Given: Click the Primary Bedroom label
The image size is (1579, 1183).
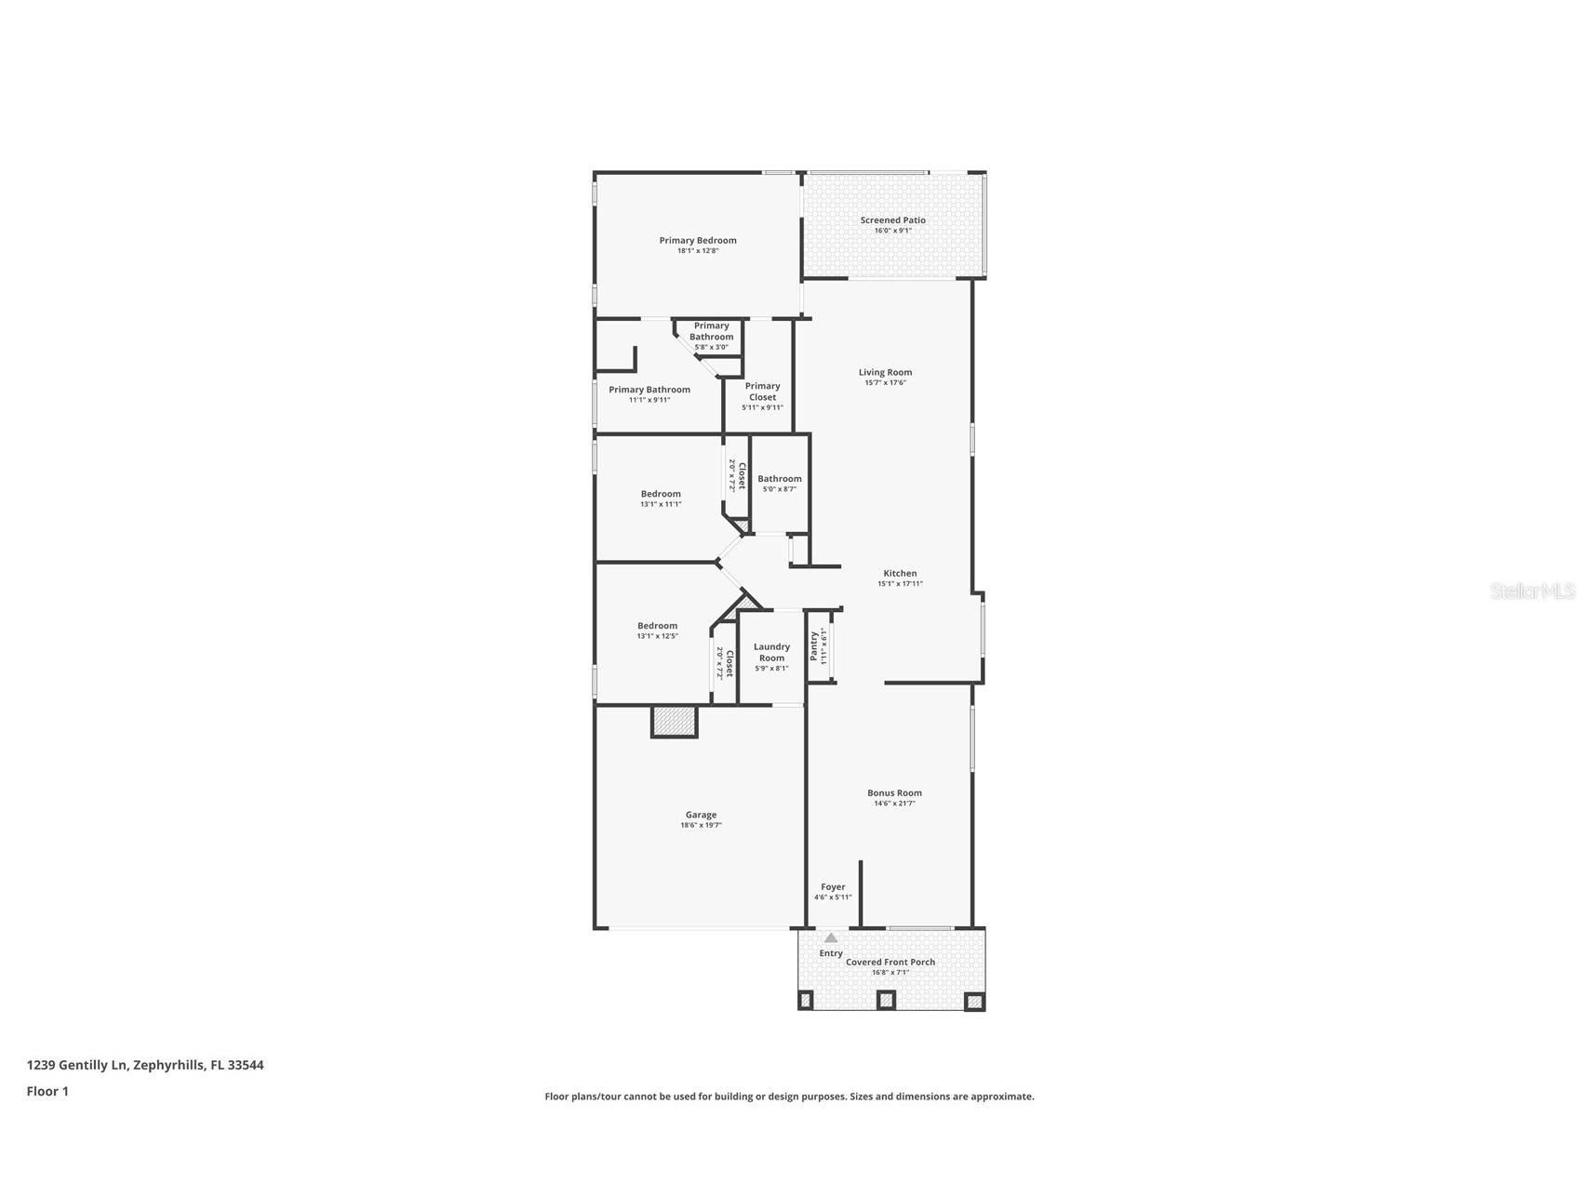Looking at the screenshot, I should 698,241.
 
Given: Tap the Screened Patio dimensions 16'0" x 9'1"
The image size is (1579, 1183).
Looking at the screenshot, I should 892,231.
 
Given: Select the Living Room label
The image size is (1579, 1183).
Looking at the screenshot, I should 885,372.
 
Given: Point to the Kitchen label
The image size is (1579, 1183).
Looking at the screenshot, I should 900,574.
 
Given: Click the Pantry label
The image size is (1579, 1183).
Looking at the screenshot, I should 814,645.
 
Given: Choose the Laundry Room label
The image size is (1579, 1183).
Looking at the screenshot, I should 771,652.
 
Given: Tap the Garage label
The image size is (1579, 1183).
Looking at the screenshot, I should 701,815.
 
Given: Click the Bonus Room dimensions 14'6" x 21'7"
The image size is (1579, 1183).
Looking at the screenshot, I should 894,804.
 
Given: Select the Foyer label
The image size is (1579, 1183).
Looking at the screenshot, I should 833,887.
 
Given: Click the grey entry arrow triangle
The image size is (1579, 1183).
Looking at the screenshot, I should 831,938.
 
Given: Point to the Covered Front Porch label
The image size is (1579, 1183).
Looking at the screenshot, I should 890,963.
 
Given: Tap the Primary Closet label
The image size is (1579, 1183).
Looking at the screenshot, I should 762,392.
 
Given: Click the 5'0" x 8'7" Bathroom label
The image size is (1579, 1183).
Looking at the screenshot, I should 779,484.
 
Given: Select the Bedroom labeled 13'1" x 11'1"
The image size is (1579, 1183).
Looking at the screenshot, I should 661,498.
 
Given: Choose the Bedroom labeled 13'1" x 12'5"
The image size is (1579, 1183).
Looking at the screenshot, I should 657,631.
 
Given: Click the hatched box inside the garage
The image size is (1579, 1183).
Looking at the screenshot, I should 675,722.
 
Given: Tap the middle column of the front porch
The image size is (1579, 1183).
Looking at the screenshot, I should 886,1001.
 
